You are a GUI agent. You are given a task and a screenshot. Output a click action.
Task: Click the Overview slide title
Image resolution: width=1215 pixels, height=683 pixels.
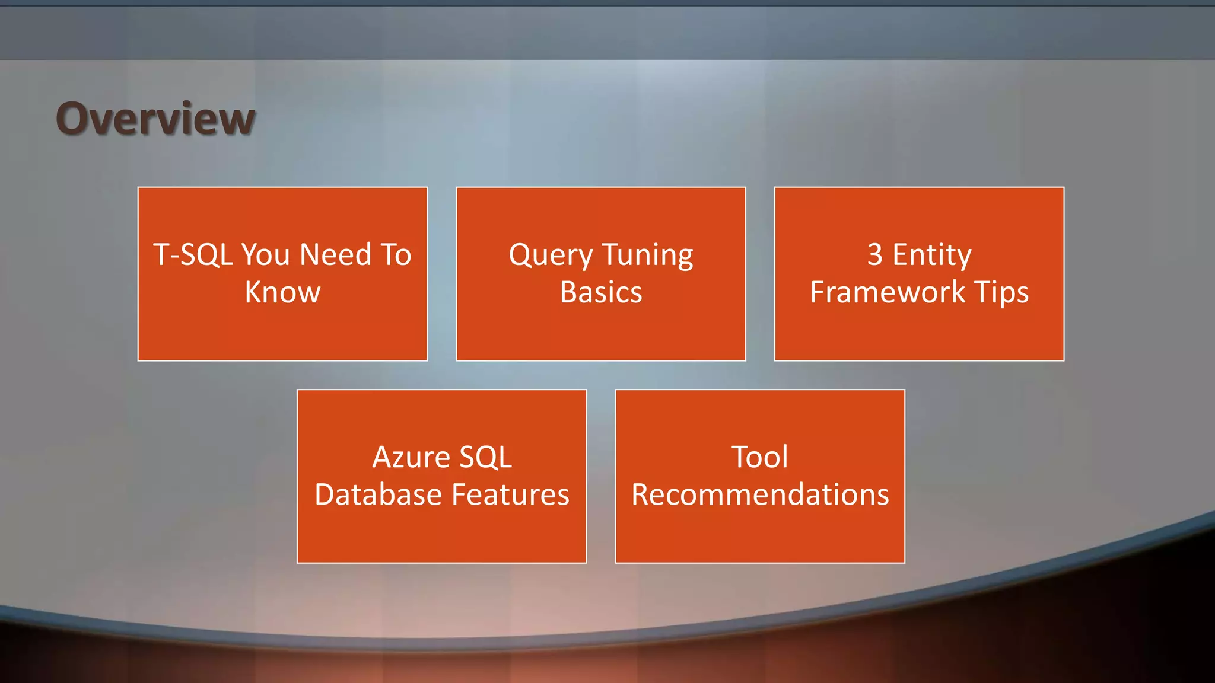155,119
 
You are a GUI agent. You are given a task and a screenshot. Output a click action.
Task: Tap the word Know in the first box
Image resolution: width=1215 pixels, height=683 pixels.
282,292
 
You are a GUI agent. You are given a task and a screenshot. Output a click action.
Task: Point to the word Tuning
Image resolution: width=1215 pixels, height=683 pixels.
647,256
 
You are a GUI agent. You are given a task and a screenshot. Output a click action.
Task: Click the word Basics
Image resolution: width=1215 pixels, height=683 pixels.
601,292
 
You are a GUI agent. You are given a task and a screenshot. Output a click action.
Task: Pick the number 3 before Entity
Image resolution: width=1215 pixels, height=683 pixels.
874,255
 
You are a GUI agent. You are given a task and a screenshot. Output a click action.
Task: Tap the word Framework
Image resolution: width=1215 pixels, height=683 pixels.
888,292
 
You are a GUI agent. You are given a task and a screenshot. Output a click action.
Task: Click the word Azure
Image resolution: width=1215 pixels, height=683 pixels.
411,457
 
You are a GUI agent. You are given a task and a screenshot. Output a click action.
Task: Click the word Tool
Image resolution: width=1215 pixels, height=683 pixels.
760,457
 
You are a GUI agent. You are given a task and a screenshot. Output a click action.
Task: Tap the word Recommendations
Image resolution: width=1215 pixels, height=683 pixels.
760,494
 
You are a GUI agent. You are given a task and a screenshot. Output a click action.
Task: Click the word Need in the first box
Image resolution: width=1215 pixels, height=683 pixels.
336,255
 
